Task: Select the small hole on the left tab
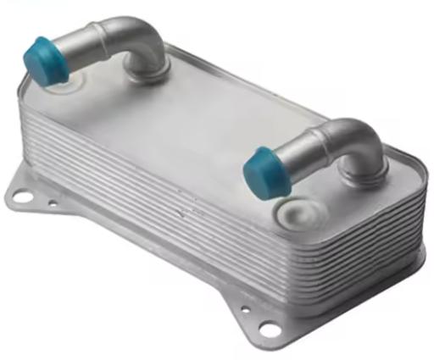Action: point(53,204)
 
